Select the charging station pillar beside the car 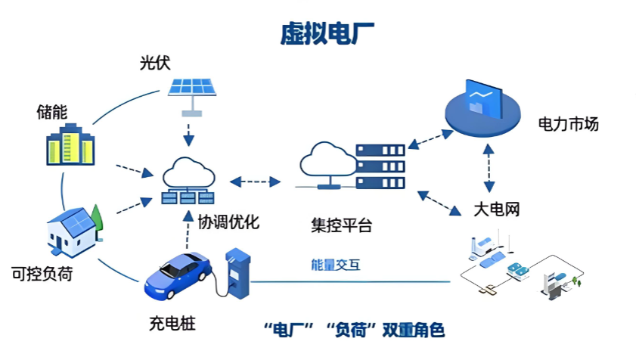coord(237,275)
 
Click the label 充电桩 coord(172,325)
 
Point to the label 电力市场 coord(568,123)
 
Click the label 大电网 coord(497,209)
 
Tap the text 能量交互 coord(337,265)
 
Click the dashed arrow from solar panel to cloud coord(188,131)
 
